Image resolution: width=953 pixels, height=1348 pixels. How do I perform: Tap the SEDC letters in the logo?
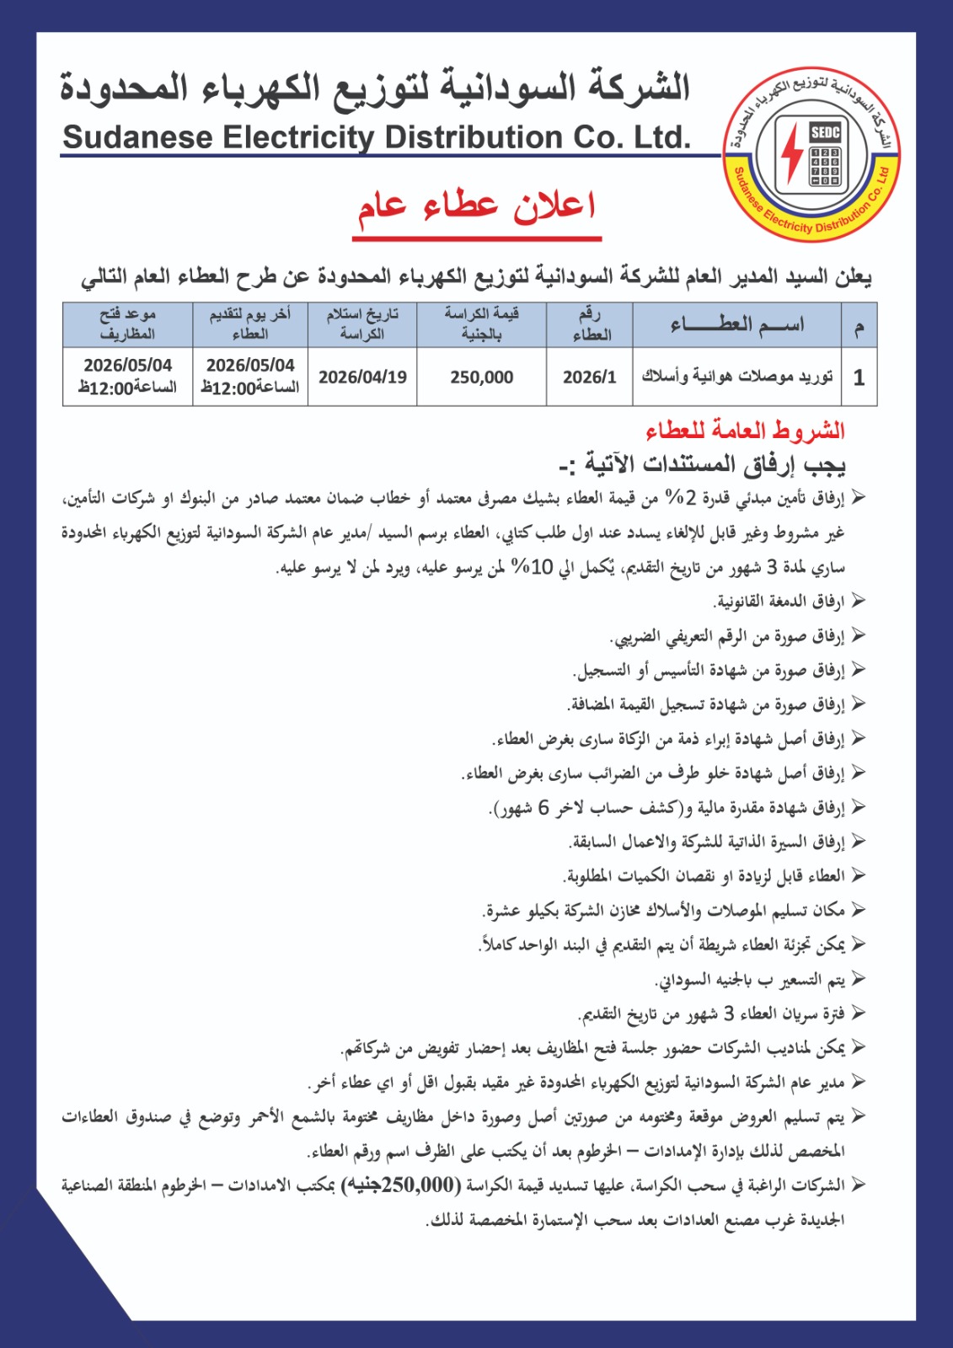[825, 131]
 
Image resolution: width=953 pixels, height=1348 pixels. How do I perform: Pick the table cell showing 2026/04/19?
[362, 377]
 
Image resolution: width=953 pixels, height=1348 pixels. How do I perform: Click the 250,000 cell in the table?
[481, 377]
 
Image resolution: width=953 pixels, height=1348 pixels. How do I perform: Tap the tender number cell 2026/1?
[590, 377]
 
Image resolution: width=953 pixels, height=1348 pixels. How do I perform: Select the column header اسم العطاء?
[736, 324]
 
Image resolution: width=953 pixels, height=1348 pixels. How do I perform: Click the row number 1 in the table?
[859, 377]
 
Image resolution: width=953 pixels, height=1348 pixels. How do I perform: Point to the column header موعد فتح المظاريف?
[127, 324]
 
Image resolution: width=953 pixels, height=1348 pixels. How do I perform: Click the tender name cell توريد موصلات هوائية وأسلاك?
[736, 377]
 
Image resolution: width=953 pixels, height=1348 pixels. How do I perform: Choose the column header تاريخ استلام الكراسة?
[362, 324]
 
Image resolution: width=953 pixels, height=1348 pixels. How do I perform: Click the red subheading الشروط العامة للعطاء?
[745, 431]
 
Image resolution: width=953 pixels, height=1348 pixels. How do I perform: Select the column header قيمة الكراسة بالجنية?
[481, 324]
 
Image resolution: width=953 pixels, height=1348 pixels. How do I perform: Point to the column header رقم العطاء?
[590, 324]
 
